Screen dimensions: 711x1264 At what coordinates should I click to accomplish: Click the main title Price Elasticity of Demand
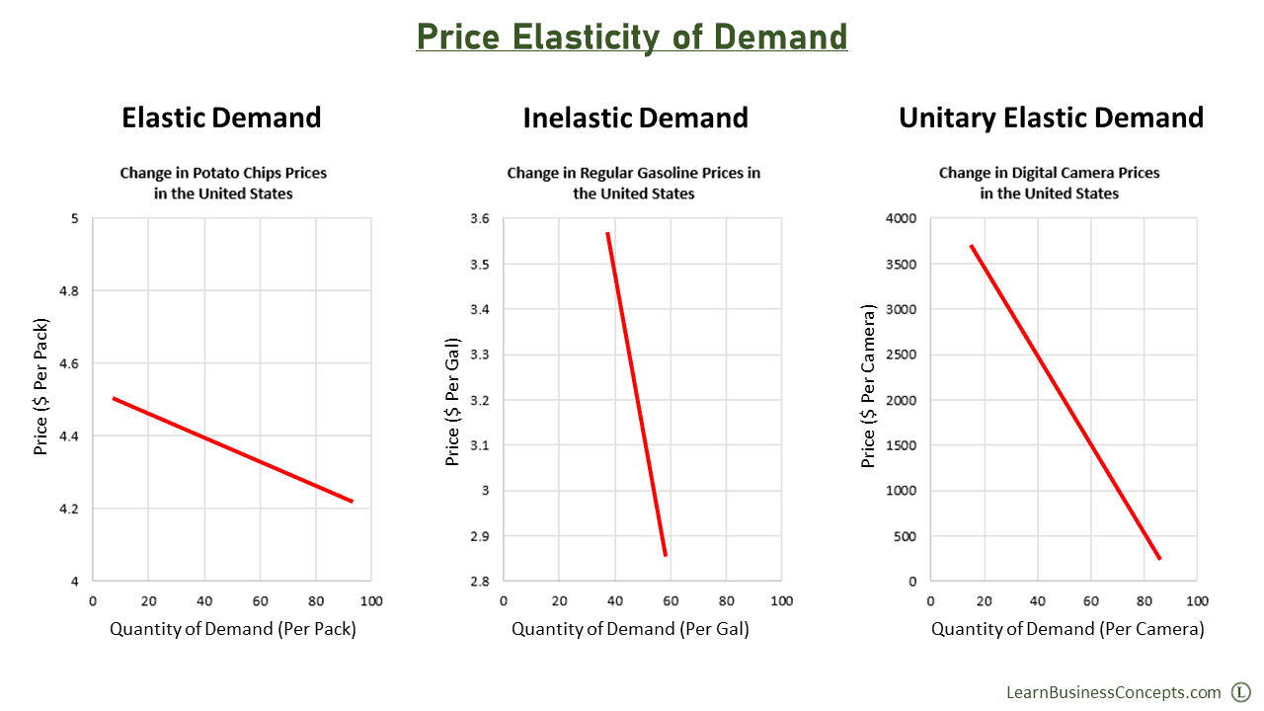pos(632,37)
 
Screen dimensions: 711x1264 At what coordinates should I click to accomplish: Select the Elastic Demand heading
pos(221,118)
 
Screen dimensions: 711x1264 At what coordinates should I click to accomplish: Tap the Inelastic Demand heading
pos(635,118)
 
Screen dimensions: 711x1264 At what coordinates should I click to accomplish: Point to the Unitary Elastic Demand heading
pos(1051,118)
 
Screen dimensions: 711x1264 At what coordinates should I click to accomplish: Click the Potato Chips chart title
pos(223,183)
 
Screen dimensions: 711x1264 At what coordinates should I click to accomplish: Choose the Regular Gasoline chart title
pos(634,183)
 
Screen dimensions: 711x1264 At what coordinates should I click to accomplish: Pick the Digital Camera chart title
pos(1049,183)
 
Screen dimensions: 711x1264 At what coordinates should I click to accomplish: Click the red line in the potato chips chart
pos(232,450)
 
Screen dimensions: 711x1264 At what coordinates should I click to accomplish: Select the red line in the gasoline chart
pos(637,395)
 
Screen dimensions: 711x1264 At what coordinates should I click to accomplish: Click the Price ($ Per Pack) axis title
pos(41,386)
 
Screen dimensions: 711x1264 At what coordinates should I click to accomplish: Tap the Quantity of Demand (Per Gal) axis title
pos(630,629)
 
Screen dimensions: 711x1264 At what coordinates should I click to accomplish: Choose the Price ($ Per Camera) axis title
pos(869,386)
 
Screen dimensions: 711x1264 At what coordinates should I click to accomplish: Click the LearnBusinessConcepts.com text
pos(1113,692)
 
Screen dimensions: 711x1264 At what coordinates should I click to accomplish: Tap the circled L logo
pos(1241,692)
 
